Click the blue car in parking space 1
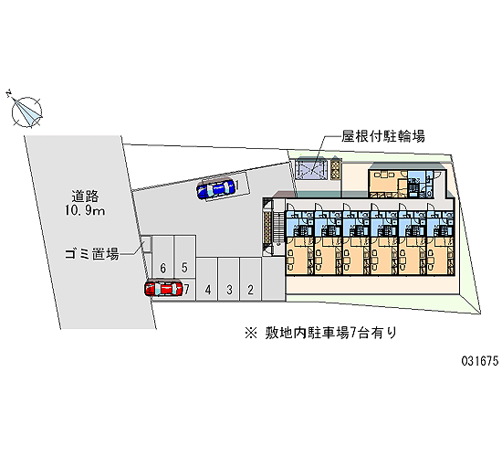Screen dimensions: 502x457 (215, 189)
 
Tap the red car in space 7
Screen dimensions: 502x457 (163, 288)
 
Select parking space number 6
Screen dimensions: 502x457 (163, 256)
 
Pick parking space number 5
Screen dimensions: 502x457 (184, 256)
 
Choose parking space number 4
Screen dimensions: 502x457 (207, 279)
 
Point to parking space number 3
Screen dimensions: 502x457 (229, 279)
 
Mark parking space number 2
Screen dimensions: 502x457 (250, 279)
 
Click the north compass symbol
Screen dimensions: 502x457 (26, 111)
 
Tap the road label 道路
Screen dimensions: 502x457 (85, 197)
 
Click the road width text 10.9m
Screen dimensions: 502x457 (85, 211)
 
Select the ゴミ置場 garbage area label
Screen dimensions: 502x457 (92, 254)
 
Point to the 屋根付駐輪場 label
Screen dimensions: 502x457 (383, 136)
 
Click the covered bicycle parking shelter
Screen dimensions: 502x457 (311, 169)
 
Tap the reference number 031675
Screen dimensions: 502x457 (480, 361)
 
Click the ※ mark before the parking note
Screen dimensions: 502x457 (251, 334)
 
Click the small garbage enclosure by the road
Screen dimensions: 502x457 (146, 244)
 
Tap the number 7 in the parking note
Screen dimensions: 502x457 (353, 334)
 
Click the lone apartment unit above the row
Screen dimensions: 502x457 (406, 180)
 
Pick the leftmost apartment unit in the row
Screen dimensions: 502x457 (299, 238)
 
